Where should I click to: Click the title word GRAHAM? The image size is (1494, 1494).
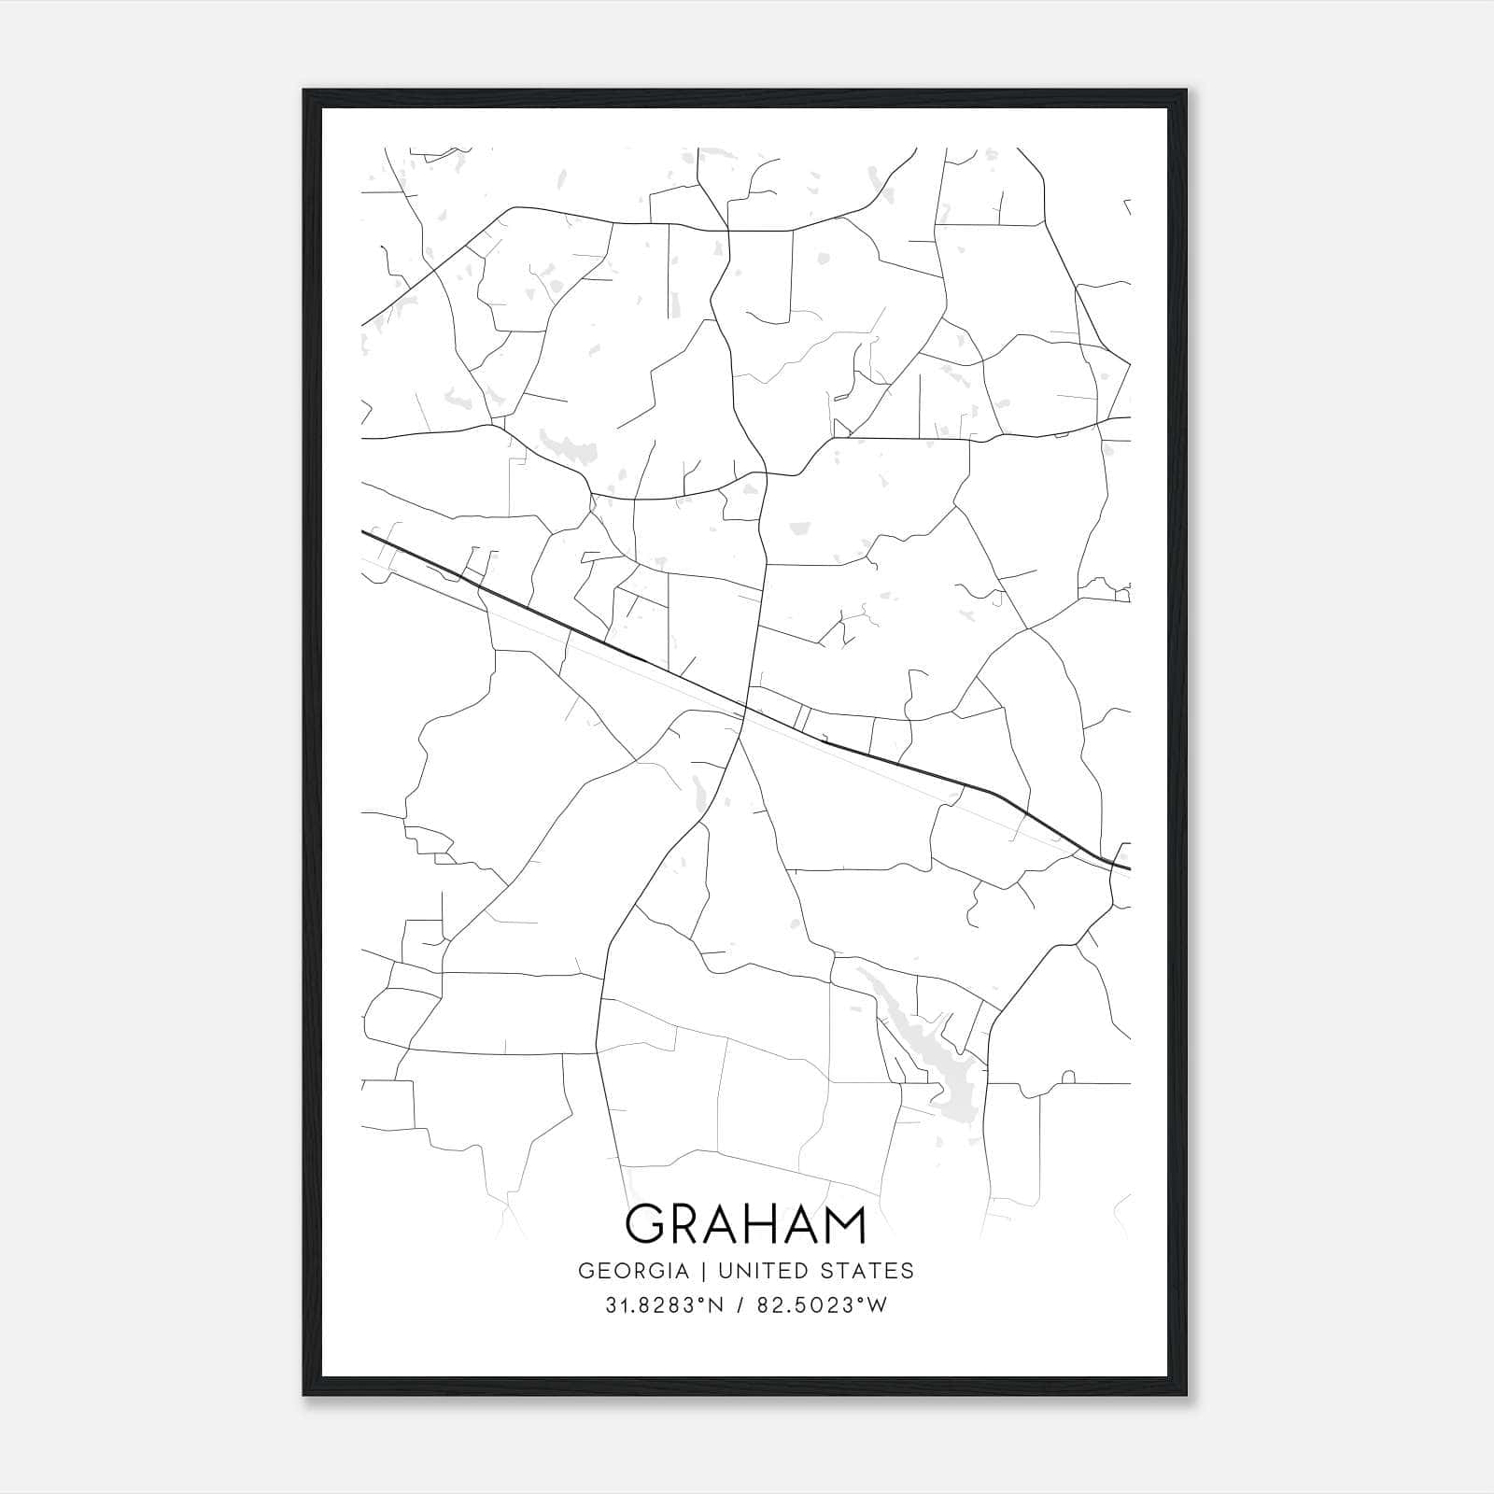click(746, 1223)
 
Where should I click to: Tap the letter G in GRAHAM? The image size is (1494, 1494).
click(644, 1223)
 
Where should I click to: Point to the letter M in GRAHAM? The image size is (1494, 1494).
click(842, 1223)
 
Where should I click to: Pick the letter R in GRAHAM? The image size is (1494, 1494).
click(684, 1223)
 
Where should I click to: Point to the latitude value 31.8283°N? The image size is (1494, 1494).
click(664, 1305)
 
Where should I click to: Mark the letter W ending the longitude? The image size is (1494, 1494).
click(878, 1305)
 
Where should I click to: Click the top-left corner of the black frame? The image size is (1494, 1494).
click(304, 91)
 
